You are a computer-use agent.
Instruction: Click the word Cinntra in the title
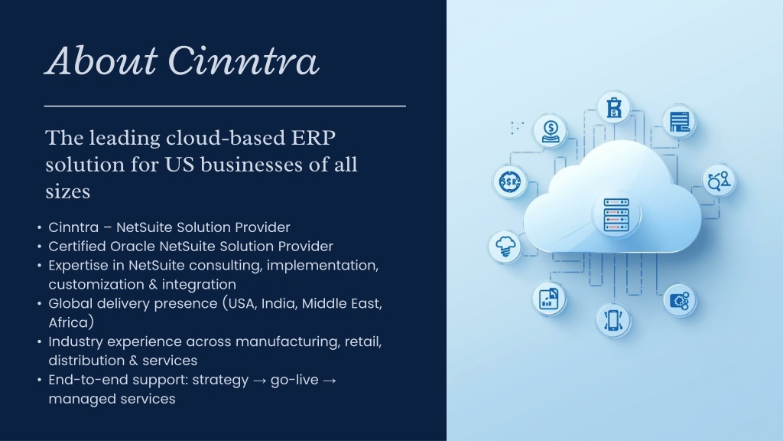243,61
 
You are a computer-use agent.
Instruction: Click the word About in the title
102,61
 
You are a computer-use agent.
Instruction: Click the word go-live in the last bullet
294,381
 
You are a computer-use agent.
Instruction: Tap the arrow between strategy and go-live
259,381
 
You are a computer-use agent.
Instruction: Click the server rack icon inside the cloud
616,215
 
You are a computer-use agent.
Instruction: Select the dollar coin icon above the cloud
551,132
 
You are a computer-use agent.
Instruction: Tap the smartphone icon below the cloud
613,320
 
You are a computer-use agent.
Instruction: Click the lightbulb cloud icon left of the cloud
505,247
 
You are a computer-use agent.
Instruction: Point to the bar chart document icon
549,299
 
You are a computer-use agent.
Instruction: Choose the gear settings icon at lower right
679,301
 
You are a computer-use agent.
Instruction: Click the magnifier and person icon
719,181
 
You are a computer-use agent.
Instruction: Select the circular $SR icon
510,181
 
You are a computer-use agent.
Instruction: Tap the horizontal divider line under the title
225,106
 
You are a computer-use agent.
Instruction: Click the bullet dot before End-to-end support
40,381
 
